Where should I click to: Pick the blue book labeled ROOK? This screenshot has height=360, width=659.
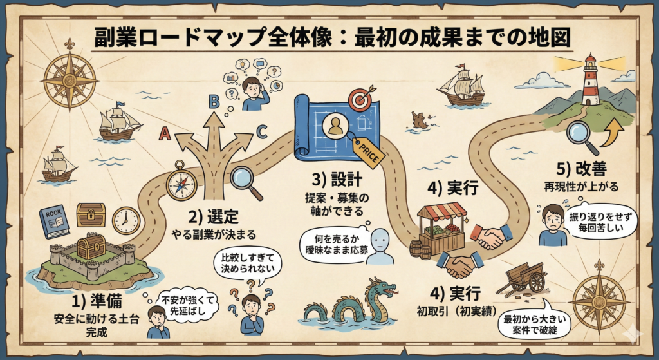(54, 222)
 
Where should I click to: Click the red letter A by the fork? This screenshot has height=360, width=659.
(164, 133)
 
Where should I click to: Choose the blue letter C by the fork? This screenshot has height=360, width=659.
(261, 132)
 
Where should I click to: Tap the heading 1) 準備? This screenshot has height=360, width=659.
(97, 301)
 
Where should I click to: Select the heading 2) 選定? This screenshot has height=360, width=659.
(212, 217)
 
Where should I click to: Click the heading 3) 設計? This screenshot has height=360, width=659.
(336, 180)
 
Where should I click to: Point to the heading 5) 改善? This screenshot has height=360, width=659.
(581, 169)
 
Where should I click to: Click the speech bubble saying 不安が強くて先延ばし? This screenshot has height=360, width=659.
(187, 305)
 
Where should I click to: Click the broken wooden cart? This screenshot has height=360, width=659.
(521, 279)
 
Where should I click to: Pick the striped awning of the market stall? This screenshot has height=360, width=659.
(441, 211)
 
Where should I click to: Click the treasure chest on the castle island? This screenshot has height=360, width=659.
(91, 246)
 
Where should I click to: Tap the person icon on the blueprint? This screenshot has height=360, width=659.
(335, 126)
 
